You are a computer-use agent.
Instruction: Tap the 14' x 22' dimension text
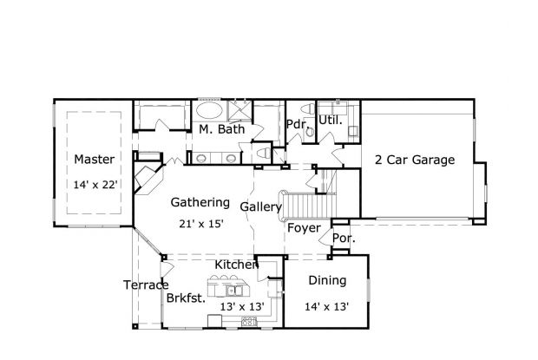[95, 184]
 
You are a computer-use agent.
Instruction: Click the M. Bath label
[221, 129]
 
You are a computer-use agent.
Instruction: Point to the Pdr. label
[297, 123]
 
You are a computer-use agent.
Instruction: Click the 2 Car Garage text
[415, 160]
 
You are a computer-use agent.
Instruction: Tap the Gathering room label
[200, 202]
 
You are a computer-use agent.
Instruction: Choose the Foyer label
[305, 229]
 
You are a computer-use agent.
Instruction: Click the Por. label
[344, 237]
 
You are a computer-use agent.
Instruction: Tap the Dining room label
[327, 280]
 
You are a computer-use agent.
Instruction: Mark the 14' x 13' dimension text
[326, 305]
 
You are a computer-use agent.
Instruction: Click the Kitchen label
[236, 264]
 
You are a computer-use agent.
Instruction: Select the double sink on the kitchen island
[227, 289]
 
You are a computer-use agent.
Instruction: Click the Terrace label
[145, 285]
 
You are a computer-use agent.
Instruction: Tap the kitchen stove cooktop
[249, 321]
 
